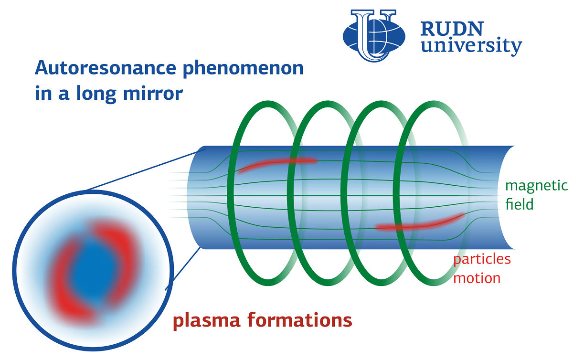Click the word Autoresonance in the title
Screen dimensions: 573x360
106,68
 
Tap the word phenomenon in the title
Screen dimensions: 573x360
243,69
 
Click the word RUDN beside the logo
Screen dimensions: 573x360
452,29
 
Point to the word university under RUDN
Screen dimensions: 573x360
471,46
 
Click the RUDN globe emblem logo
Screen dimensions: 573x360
374,35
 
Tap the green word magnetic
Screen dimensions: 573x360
536,186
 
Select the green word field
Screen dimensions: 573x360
520,204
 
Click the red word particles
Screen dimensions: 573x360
482,260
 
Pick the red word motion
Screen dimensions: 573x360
477,278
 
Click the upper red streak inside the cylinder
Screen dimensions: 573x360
276,163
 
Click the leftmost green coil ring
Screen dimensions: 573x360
231,193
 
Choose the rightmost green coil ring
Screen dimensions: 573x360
396,193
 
